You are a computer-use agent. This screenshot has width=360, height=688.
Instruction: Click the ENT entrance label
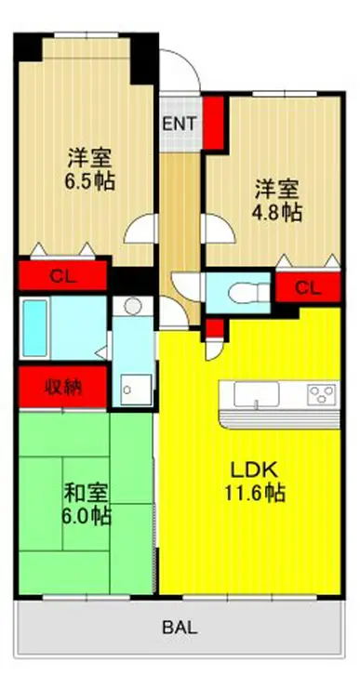pyautogui.click(x=180, y=124)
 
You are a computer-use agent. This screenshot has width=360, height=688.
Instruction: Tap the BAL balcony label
pyautogui.click(x=180, y=628)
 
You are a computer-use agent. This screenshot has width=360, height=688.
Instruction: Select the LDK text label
pyautogui.click(x=255, y=471)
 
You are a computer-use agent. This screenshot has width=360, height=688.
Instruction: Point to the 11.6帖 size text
pyautogui.click(x=255, y=493)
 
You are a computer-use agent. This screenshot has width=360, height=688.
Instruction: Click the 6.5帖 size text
pyautogui.click(x=90, y=180)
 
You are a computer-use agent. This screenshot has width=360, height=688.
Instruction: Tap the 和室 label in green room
pyautogui.click(x=87, y=494)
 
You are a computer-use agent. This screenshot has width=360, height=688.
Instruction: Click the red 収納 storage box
pyautogui.click(x=62, y=387)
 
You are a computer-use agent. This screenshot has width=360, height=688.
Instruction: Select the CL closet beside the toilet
pyautogui.click(x=308, y=288)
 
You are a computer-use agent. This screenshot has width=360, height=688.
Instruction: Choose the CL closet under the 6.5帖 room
pyautogui.click(x=62, y=276)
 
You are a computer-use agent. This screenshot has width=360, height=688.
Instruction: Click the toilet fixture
pyautogui.click(x=248, y=293)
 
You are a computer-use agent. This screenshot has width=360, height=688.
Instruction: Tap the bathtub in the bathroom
pyautogui.click(x=34, y=328)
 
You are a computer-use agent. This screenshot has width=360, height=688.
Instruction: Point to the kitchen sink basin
pyautogui.click(x=257, y=393)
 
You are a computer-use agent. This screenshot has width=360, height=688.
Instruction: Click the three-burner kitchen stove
pyautogui.click(x=322, y=393)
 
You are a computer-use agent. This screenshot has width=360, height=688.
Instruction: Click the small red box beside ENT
pyautogui.click(x=213, y=123)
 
